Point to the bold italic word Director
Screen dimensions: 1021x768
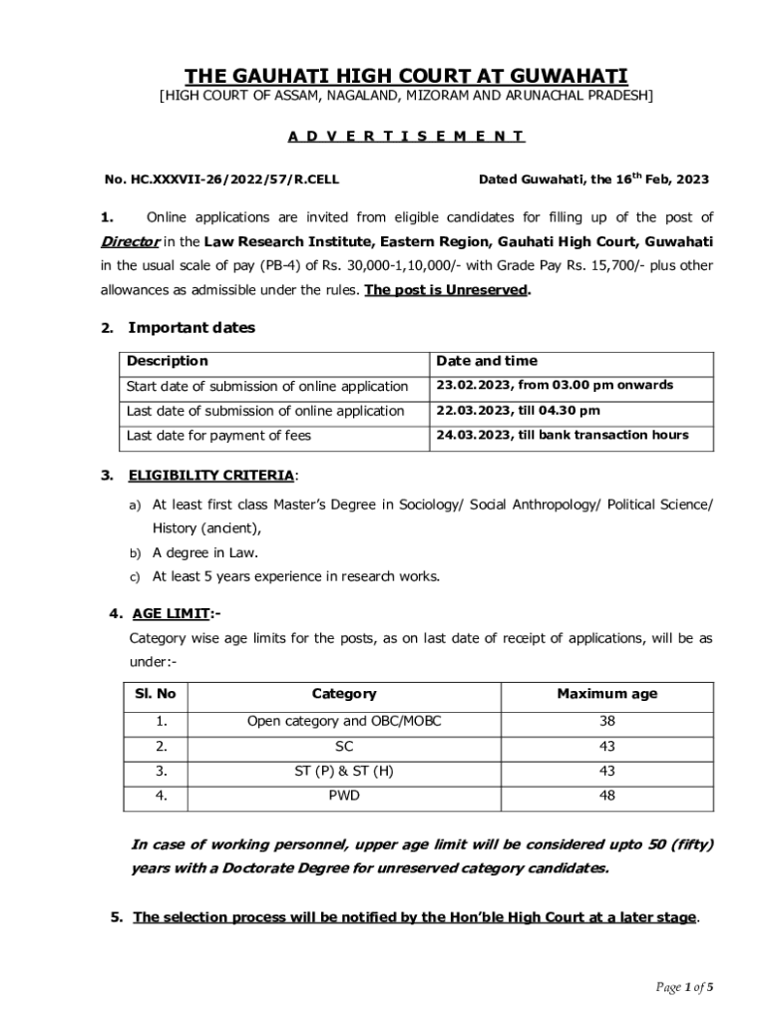coord(130,241)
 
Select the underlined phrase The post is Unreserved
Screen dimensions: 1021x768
coord(447,291)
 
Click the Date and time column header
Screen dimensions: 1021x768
coord(487,361)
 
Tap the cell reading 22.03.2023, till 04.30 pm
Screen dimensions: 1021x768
coord(518,411)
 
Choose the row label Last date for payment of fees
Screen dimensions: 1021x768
coord(218,436)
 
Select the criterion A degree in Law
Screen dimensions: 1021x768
coord(204,552)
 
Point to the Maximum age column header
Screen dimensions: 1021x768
coord(606,694)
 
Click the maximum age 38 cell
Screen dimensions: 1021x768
coord(606,721)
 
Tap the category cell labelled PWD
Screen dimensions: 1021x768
coord(344,796)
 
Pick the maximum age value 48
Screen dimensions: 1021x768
coord(606,796)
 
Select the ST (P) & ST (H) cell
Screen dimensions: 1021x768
coord(344,771)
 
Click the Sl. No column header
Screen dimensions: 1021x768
coord(155,694)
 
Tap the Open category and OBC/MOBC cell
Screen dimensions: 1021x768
coord(344,721)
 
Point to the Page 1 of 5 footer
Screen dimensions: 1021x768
coord(684,988)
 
